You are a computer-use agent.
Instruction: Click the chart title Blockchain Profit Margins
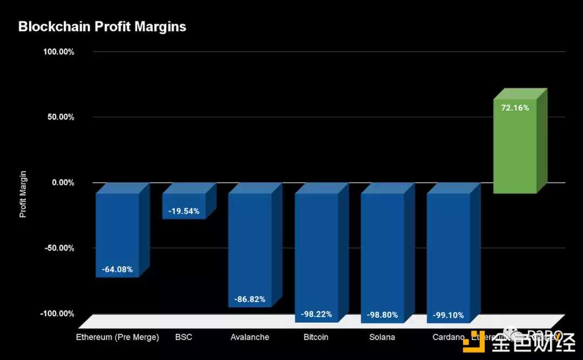[x=102, y=27]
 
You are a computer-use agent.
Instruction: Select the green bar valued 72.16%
[x=515, y=146]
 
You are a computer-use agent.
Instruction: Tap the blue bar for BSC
[x=184, y=206]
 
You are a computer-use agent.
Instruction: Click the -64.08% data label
[x=117, y=269]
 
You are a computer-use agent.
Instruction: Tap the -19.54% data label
[x=184, y=211]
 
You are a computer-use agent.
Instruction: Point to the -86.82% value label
[x=249, y=299]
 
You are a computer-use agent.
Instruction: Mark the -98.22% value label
[x=316, y=314]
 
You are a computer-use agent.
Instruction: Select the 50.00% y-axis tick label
[x=60, y=117]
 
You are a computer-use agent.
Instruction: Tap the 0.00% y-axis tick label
[x=63, y=182]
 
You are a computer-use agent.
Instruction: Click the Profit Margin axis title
[x=23, y=194]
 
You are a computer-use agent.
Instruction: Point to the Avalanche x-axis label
[x=249, y=337]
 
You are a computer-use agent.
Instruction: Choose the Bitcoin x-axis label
[x=316, y=337]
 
